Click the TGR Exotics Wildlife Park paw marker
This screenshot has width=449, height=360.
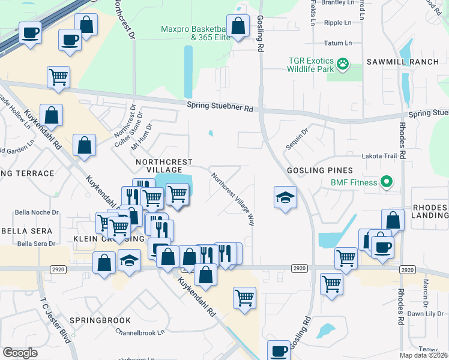(343, 64)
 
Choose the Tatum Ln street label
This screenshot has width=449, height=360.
(337, 43)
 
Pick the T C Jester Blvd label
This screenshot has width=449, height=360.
(56, 322)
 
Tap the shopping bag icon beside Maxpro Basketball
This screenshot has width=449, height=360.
(238, 26)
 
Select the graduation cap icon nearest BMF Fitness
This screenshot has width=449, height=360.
(285, 197)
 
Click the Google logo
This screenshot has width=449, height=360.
(20, 353)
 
